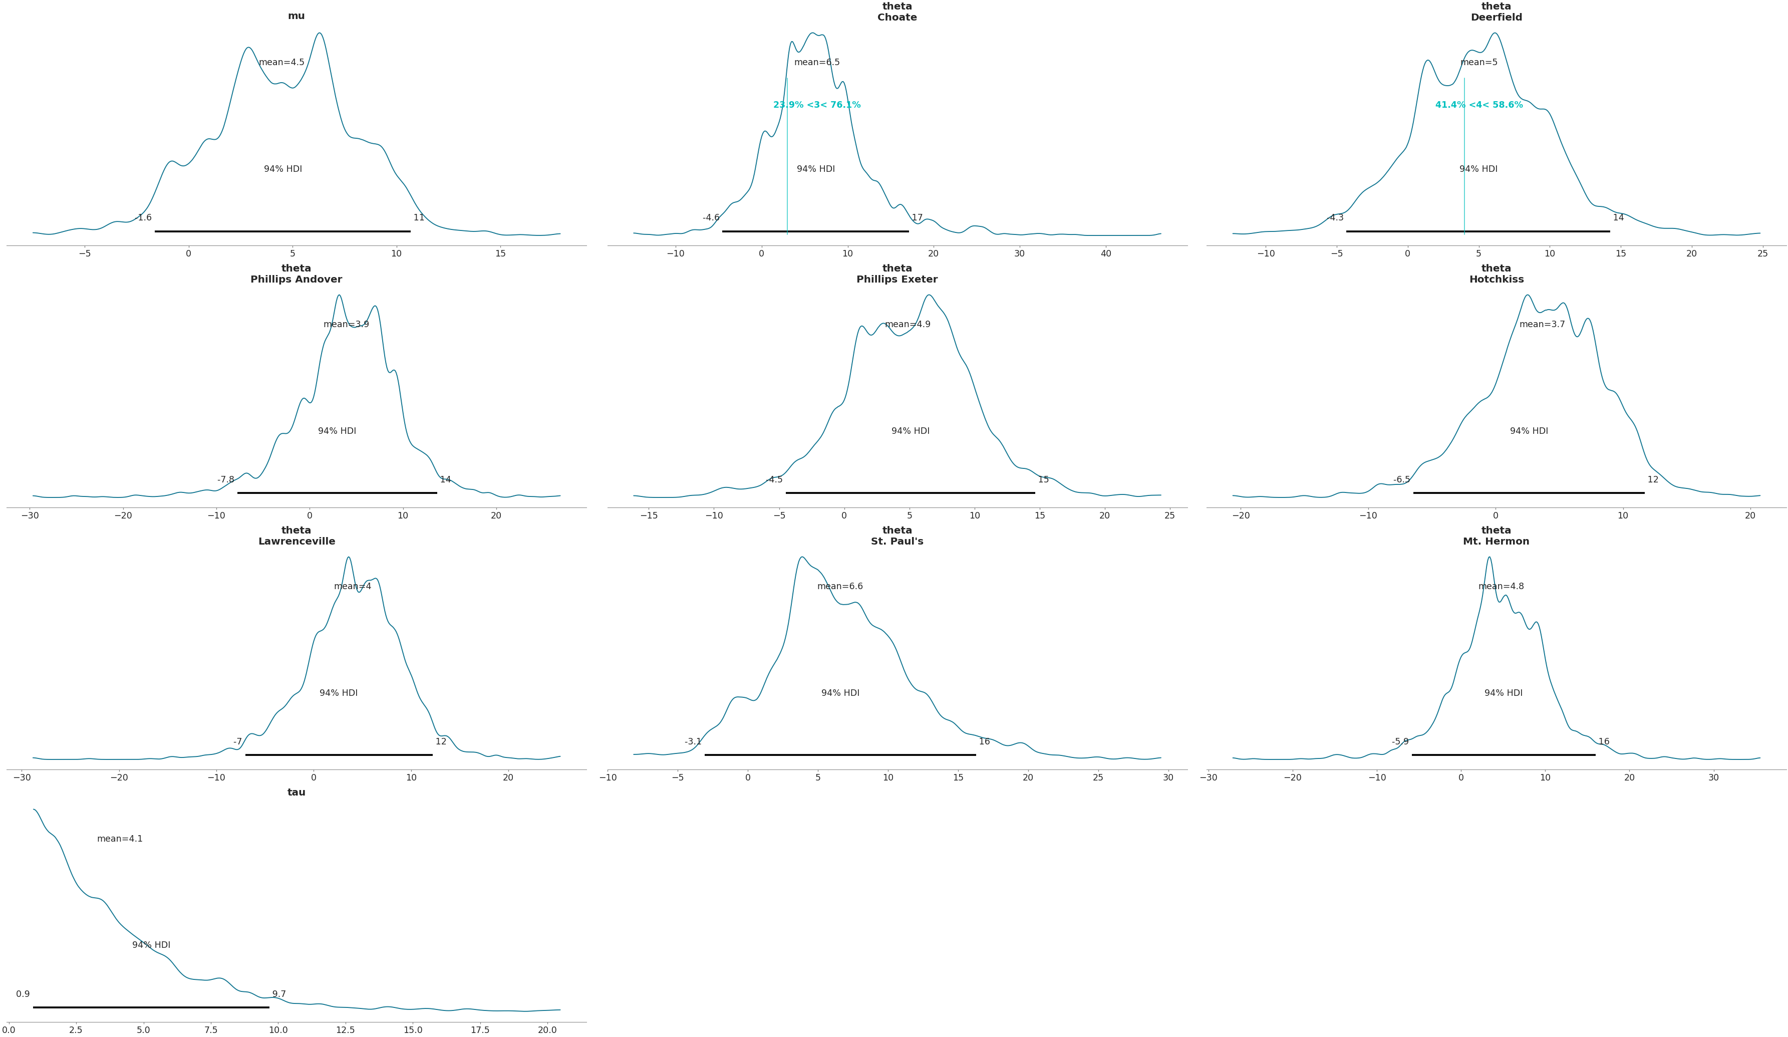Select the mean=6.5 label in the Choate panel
pos(817,63)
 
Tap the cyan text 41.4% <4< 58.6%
pos(1478,105)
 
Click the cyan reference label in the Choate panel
pos(817,105)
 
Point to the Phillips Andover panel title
pos(296,274)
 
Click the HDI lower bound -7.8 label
pos(225,480)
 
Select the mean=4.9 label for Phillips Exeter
pos(908,324)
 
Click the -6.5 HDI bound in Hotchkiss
pos(1401,480)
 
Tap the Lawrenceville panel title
pos(296,536)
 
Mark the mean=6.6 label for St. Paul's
pos(840,586)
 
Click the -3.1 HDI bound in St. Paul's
pos(693,742)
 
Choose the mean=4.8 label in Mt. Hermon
pos(1501,586)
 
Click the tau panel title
pos(296,792)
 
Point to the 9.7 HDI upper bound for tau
pos(279,994)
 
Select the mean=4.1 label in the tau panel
pos(120,839)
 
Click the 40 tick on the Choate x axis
pos(1105,254)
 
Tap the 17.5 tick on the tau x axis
pos(480,1030)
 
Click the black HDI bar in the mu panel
pos(282,231)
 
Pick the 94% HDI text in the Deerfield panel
pos(1478,169)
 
